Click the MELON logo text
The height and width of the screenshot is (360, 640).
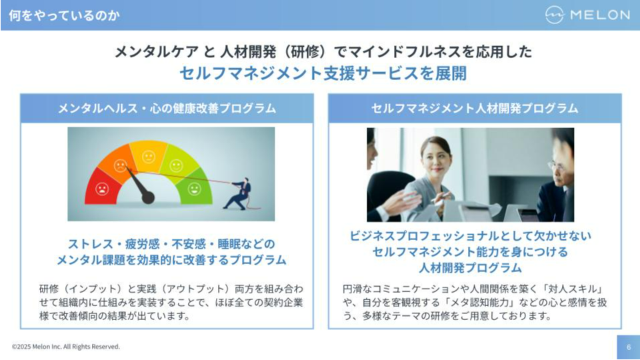tap(600, 15)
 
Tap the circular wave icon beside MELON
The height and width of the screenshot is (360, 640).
tap(555, 15)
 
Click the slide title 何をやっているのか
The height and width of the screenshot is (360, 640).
tap(64, 15)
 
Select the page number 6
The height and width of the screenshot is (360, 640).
tap(629, 347)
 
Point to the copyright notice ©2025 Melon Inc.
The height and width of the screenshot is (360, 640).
tap(66, 347)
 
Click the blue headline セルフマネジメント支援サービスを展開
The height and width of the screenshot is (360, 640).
tap(323, 73)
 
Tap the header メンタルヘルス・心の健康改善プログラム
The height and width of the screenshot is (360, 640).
tap(167, 109)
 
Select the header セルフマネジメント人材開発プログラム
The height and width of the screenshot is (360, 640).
tap(475, 109)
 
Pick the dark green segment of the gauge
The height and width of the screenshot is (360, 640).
tap(197, 187)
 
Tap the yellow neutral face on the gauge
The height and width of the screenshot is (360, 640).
tap(149, 156)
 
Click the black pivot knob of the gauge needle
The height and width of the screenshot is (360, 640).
tap(148, 198)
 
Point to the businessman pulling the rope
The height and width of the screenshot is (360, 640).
tap(240, 194)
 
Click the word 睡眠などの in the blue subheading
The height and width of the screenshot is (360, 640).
tap(247, 244)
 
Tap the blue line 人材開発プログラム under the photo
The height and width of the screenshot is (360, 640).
tap(470, 268)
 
